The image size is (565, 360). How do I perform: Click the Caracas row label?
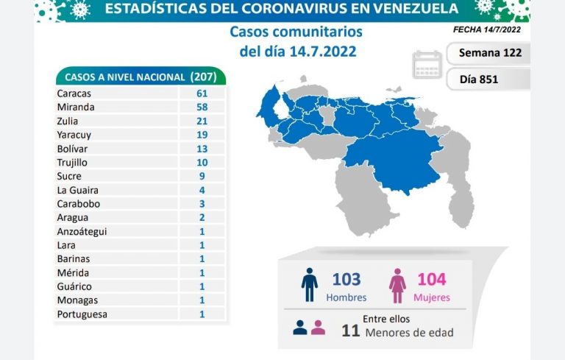[71, 93]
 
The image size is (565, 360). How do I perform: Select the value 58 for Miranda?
[202, 107]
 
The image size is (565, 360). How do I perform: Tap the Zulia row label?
[66, 121]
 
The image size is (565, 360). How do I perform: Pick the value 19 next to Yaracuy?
[202, 135]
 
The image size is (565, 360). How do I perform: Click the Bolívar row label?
[70, 149]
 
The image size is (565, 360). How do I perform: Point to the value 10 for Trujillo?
[202, 162]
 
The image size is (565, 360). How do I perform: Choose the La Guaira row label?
[74, 190]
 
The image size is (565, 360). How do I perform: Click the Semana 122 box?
[489, 53]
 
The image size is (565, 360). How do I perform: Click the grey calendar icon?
[427, 64]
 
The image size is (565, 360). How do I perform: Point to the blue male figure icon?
[310, 285]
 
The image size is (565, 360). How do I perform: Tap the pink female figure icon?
[398, 286]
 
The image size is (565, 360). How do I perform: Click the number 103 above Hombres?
[347, 279]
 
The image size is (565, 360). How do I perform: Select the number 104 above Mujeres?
[431, 279]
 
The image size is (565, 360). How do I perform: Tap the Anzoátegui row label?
[82, 231]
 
